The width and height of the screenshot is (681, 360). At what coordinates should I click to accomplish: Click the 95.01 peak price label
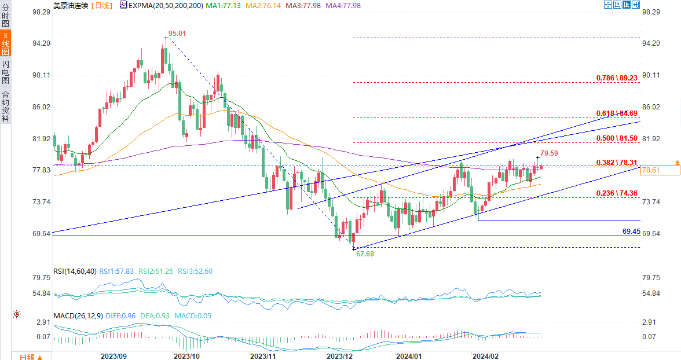pos(177,34)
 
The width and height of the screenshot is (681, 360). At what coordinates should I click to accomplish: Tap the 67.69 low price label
pos(364,254)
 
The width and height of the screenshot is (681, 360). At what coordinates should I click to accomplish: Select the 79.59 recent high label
pos(550,153)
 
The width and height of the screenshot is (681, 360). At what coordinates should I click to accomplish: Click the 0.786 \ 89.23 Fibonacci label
pos(617,78)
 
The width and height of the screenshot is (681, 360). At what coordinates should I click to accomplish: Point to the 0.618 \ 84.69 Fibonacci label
pos(617,113)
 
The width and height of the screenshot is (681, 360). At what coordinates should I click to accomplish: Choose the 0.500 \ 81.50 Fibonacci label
pos(617,139)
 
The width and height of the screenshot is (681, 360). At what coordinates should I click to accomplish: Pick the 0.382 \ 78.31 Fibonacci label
pos(617,163)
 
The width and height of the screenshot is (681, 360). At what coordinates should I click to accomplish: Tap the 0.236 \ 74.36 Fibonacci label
pos(617,193)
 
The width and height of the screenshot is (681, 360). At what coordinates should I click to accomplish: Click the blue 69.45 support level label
pos(631,231)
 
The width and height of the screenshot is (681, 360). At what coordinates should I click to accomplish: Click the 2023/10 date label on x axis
pos(186,355)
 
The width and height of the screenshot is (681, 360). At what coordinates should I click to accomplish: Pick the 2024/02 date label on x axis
pos(486,355)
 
